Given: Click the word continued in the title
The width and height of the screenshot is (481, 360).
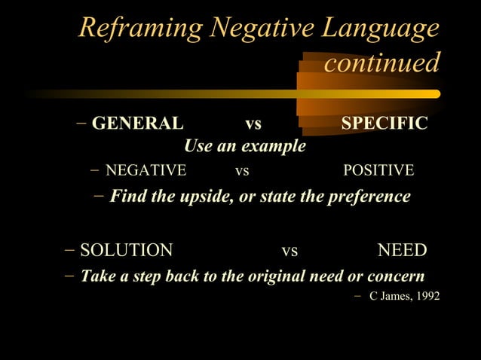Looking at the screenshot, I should click(x=381, y=63).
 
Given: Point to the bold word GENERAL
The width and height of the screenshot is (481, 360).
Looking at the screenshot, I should click(x=137, y=123).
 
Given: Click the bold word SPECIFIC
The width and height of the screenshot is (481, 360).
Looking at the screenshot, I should click(x=384, y=123).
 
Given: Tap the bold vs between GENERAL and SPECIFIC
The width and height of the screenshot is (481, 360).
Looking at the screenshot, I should click(x=253, y=123).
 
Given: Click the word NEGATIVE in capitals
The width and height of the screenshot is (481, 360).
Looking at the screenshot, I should click(x=146, y=171).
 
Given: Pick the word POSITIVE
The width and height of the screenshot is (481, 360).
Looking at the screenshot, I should click(x=378, y=171).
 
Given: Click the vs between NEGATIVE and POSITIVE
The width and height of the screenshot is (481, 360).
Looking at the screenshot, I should click(x=242, y=171).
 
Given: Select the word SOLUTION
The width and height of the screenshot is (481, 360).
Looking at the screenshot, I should click(x=126, y=250).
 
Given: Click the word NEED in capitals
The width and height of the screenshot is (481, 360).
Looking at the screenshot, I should click(x=402, y=250).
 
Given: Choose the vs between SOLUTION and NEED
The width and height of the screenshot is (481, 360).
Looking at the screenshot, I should click(x=289, y=250).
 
